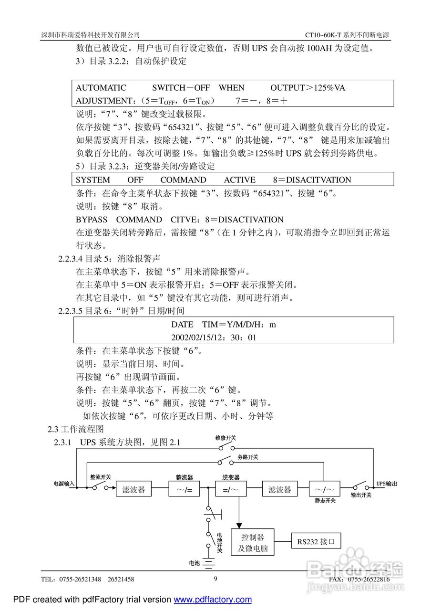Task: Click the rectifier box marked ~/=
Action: pos(184,489)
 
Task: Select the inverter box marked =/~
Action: pos(230,489)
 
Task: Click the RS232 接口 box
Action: pos(316,542)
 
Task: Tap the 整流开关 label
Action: pos(101,477)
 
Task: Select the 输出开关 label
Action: pos(361,495)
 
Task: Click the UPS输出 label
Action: pos(387,484)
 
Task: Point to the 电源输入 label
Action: pos(64,484)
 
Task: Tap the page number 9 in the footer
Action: pos(215,579)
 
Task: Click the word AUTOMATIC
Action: pos(101,88)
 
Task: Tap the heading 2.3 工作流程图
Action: pos(76,429)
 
